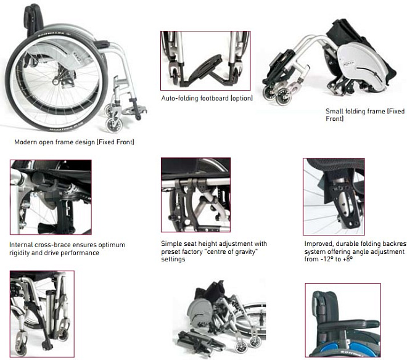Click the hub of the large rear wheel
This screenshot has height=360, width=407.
coord(55,82)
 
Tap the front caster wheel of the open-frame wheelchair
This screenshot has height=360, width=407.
coord(114,125)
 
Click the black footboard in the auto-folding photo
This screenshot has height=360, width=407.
coord(205,68)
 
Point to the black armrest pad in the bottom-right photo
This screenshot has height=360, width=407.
coord(349,325)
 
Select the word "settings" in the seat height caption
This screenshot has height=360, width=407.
coord(173,259)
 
